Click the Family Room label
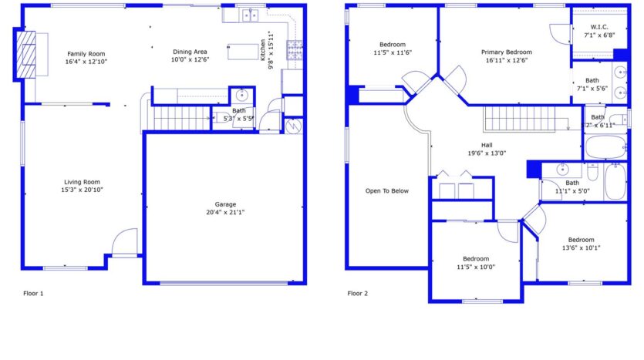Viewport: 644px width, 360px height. point(86,53)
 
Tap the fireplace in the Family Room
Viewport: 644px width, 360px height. point(27,53)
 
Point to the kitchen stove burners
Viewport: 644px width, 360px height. point(295,51)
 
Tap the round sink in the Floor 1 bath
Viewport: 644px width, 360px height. point(241,96)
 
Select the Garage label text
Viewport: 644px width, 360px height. point(225,204)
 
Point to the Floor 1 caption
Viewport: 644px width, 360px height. point(34,294)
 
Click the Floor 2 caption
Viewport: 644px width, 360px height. point(358,294)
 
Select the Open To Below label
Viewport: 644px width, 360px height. point(387,191)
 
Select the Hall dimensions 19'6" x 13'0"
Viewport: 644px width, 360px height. point(487,153)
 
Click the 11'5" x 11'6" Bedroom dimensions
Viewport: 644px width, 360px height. point(393,52)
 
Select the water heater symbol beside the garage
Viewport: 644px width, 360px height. point(293,126)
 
